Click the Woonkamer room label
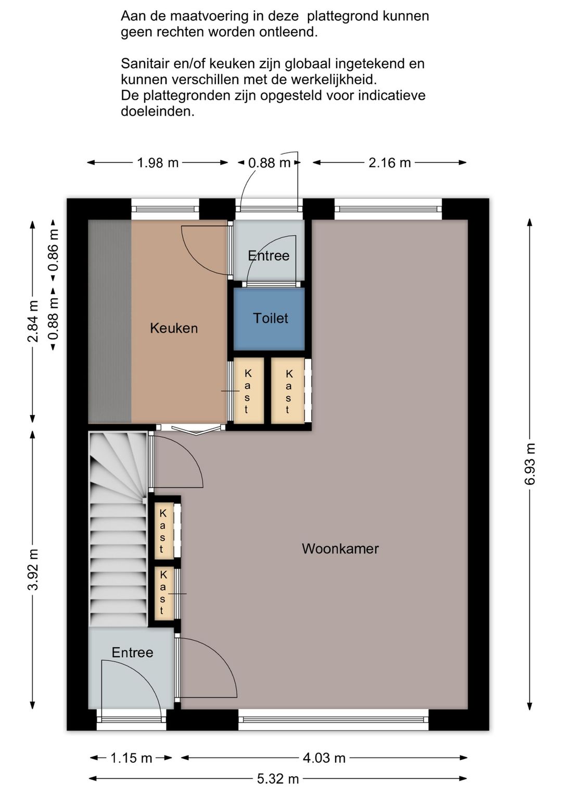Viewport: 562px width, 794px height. (x=340, y=549)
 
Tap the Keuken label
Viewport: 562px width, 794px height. (x=174, y=328)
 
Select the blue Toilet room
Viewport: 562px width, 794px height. (x=269, y=318)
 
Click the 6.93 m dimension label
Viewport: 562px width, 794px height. (x=530, y=464)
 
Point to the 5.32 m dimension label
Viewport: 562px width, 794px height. (x=278, y=779)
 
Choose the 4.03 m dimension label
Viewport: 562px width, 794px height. (x=324, y=758)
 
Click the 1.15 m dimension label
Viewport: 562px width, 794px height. (x=131, y=758)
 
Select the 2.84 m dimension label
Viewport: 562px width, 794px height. (x=33, y=322)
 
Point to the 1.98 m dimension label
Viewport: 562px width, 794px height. (x=158, y=163)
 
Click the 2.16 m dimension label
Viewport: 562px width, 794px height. (x=390, y=163)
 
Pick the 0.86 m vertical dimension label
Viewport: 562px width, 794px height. (x=54, y=250)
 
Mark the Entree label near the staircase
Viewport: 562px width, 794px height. (x=132, y=652)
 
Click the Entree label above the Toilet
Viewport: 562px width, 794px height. (x=269, y=255)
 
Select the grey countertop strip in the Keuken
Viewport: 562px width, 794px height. (x=110, y=321)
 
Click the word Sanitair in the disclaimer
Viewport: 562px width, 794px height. (x=146, y=64)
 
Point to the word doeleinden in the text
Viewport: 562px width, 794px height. (x=158, y=111)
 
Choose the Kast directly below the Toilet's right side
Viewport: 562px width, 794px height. (x=288, y=390)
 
